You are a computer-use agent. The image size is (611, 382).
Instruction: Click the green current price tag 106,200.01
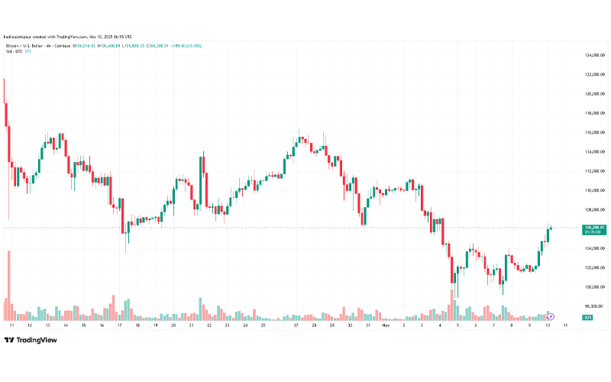[594, 228]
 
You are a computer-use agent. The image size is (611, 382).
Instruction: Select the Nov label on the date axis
[386, 325]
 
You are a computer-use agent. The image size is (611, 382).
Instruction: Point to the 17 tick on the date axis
[120, 325]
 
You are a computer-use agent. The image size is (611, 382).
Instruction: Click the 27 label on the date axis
[296, 325]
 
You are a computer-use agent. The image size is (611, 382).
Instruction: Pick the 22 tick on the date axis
[209, 325]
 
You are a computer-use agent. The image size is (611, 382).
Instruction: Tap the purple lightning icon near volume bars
[551, 316]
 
